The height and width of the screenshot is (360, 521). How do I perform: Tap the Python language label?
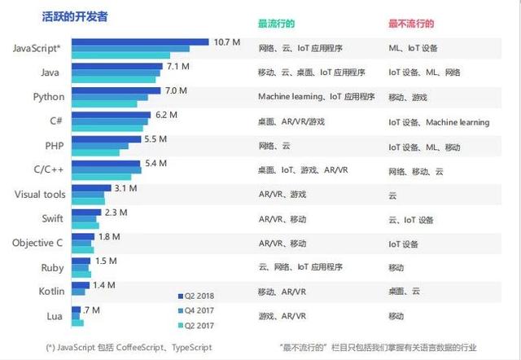tap(48, 97)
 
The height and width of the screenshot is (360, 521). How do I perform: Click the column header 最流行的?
tap(277, 24)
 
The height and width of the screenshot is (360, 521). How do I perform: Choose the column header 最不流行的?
tap(411, 24)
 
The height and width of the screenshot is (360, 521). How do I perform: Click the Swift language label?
tap(51, 219)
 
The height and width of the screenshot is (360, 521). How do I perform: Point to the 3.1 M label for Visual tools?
tap(125, 188)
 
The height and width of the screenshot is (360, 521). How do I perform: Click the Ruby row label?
tap(51, 268)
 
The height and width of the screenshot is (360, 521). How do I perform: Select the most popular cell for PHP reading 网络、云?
tap(274, 146)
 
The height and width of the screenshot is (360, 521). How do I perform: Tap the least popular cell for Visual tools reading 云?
tap(392, 195)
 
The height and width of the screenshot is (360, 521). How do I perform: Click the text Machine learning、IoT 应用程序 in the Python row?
tap(316, 97)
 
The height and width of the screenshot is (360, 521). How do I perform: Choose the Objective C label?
tap(37, 243)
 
